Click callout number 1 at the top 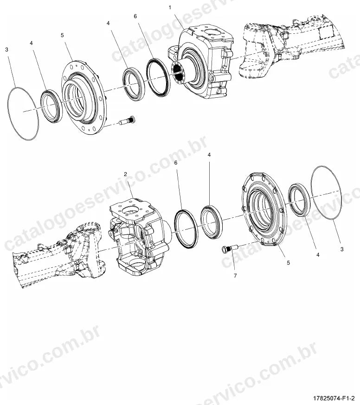pos(170,8)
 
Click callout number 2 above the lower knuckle pos(125,174)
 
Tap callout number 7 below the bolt pos(235,276)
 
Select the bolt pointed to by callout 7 pos(229,248)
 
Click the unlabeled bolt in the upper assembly pos(127,120)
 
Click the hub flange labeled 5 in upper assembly pos(84,97)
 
